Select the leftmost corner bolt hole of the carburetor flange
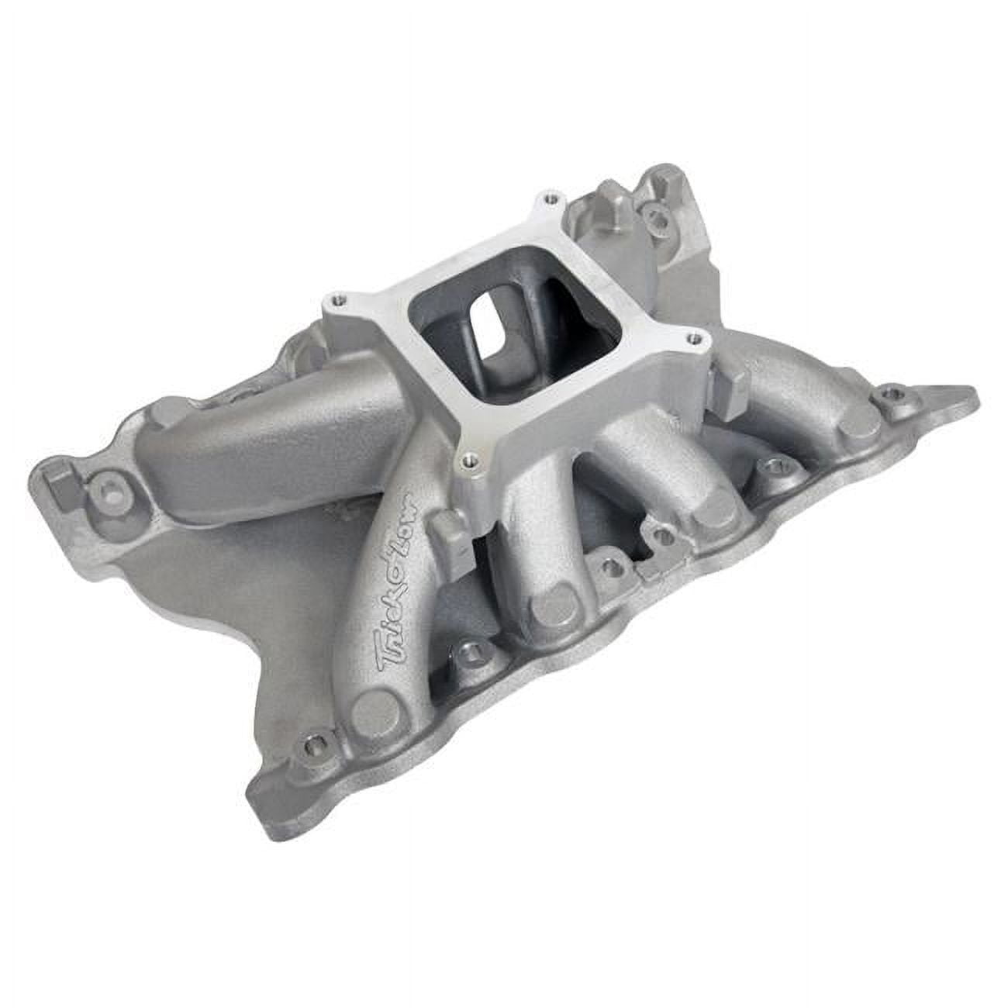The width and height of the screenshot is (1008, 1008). point(336,298)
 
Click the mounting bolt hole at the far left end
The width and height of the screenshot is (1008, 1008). point(109,492)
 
